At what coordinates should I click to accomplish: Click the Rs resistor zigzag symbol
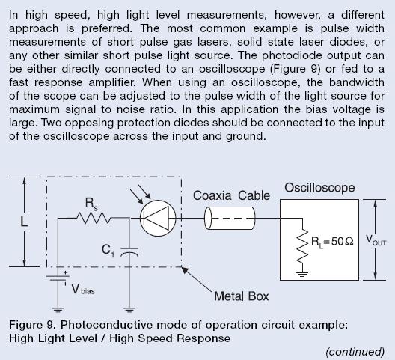pyautogui.click(x=94, y=218)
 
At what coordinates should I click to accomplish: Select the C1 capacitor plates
pyautogui.click(x=129, y=251)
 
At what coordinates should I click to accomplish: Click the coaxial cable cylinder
pyautogui.click(x=230, y=218)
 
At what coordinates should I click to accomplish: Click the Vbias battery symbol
pyautogui.click(x=58, y=278)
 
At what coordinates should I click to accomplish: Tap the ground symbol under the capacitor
pyautogui.click(x=129, y=310)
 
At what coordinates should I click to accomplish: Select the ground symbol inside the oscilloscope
pyautogui.click(x=302, y=274)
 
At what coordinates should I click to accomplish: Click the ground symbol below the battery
pyautogui.click(x=58, y=310)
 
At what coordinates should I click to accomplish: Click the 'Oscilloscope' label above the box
pyautogui.click(x=319, y=188)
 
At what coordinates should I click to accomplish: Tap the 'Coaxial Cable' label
pyautogui.click(x=231, y=195)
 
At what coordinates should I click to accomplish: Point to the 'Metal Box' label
pyautogui.click(x=242, y=296)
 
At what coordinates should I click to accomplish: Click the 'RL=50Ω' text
pyautogui.click(x=332, y=242)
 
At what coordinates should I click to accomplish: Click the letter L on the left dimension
pyautogui.click(x=24, y=222)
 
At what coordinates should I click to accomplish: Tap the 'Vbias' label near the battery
pyautogui.click(x=83, y=290)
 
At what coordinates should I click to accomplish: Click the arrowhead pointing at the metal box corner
pyautogui.click(x=186, y=270)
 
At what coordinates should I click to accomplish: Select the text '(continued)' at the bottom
pyautogui.click(x=355, y=352)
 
